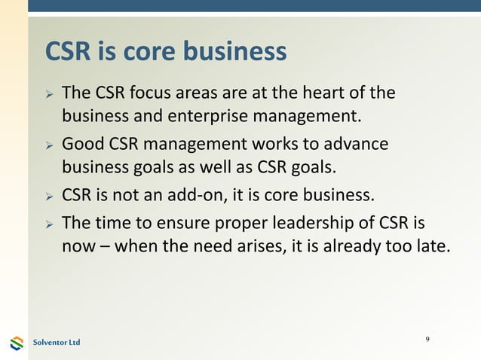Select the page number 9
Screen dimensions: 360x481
pos(427,340)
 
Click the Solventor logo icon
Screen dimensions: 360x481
pos(17,343)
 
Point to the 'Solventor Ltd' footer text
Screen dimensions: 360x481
pos(56,343)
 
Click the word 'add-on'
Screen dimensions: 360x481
pos(195,197)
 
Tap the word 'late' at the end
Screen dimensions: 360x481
pos(432,246)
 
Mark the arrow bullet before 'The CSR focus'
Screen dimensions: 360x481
pos(48,96)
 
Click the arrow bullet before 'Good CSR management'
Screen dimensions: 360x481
pos(48,145)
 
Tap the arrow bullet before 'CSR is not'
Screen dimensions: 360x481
pos(48,198)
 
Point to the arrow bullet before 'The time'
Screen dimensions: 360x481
pos(48,225)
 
